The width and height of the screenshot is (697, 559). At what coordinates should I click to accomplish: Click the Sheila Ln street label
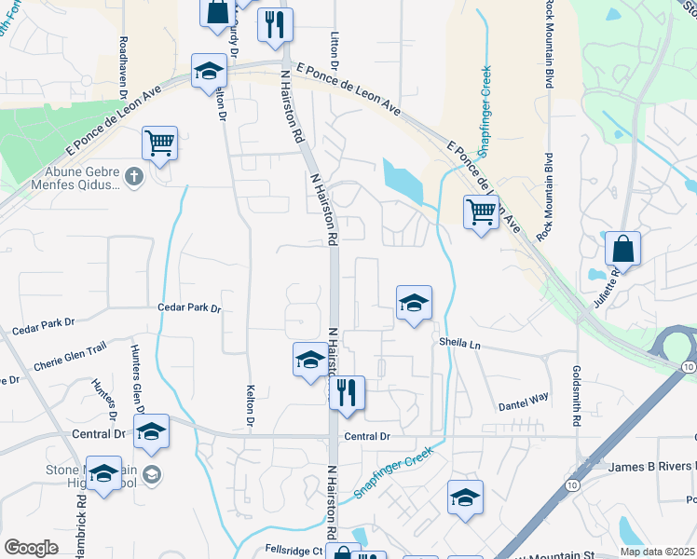(460, 344)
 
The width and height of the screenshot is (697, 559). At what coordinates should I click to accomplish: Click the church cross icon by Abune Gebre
(134, 176)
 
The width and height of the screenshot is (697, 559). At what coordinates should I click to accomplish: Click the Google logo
(31, 548)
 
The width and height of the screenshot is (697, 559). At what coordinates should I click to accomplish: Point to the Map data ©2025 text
(657, 552)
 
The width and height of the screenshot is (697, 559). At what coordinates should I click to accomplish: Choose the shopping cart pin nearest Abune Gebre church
(160, 143)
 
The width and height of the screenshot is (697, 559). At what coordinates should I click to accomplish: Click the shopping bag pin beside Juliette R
(622, 250)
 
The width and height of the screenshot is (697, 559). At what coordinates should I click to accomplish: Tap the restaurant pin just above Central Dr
(347, 393)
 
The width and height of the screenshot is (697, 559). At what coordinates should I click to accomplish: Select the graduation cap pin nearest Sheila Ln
(414, 303)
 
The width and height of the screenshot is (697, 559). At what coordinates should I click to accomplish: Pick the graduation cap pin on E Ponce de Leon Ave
(209, 71)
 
